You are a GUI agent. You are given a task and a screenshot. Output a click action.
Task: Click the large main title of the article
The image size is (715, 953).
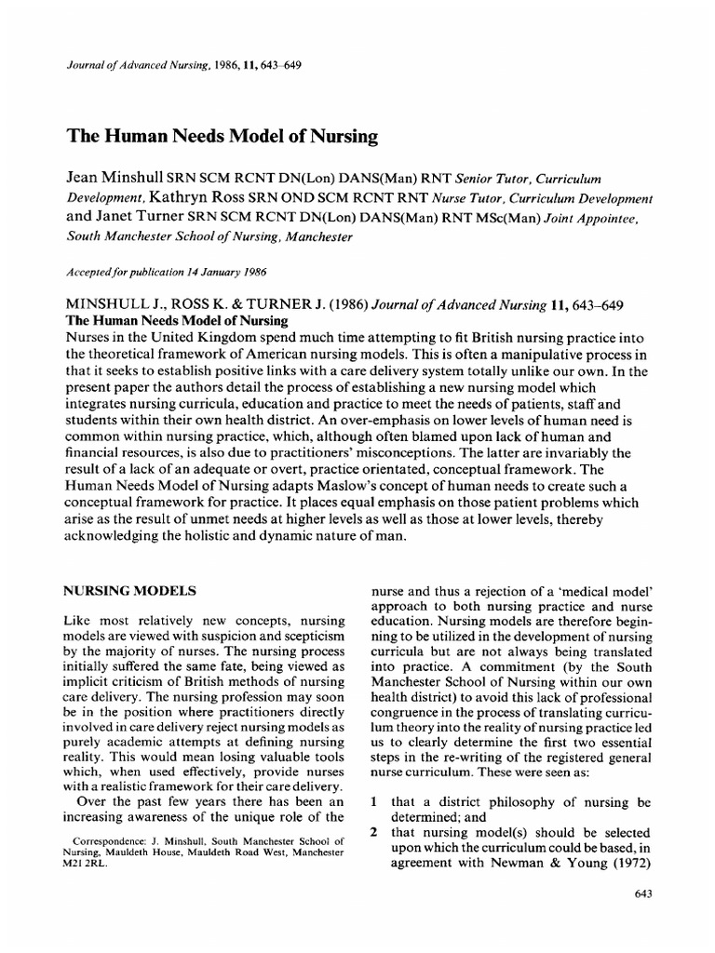pyautogui.click(x=221, y=137)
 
